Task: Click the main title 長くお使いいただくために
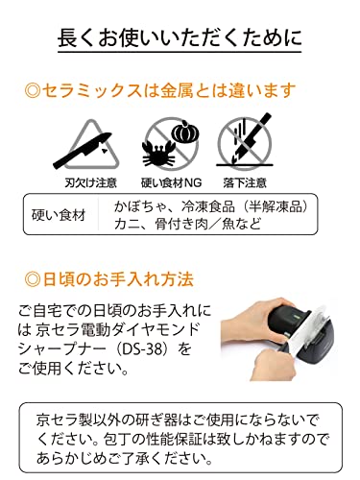pos(180,37)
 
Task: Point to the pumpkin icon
pos(185,131)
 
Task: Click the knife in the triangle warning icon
pos(82,150)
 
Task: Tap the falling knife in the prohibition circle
pos(252,136)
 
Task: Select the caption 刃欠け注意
pos(90,183)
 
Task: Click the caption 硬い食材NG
pos(172,183)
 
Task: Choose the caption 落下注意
pos(245,183)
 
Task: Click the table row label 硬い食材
pos(59,215)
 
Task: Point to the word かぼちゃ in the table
pos(140,206)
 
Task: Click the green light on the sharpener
pos(296,318)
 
